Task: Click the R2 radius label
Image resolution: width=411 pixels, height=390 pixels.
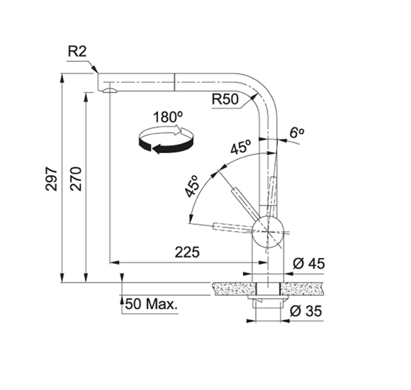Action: (77, 51)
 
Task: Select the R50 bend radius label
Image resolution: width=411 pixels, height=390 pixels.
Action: (225, 99)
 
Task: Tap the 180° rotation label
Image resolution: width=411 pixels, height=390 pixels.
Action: (168, 117)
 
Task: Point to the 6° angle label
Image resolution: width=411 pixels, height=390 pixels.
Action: (297, 133)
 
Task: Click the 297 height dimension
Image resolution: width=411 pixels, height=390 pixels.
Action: (51, 179)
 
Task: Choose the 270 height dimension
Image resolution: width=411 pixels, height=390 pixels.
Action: (76, 179)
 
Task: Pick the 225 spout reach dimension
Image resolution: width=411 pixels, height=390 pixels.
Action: (187, 252)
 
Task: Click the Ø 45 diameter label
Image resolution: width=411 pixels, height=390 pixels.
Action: (309, 264)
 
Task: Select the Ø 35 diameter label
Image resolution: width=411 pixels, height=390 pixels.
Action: (306, 311)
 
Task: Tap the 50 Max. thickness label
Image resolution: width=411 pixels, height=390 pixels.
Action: (152, 304)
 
